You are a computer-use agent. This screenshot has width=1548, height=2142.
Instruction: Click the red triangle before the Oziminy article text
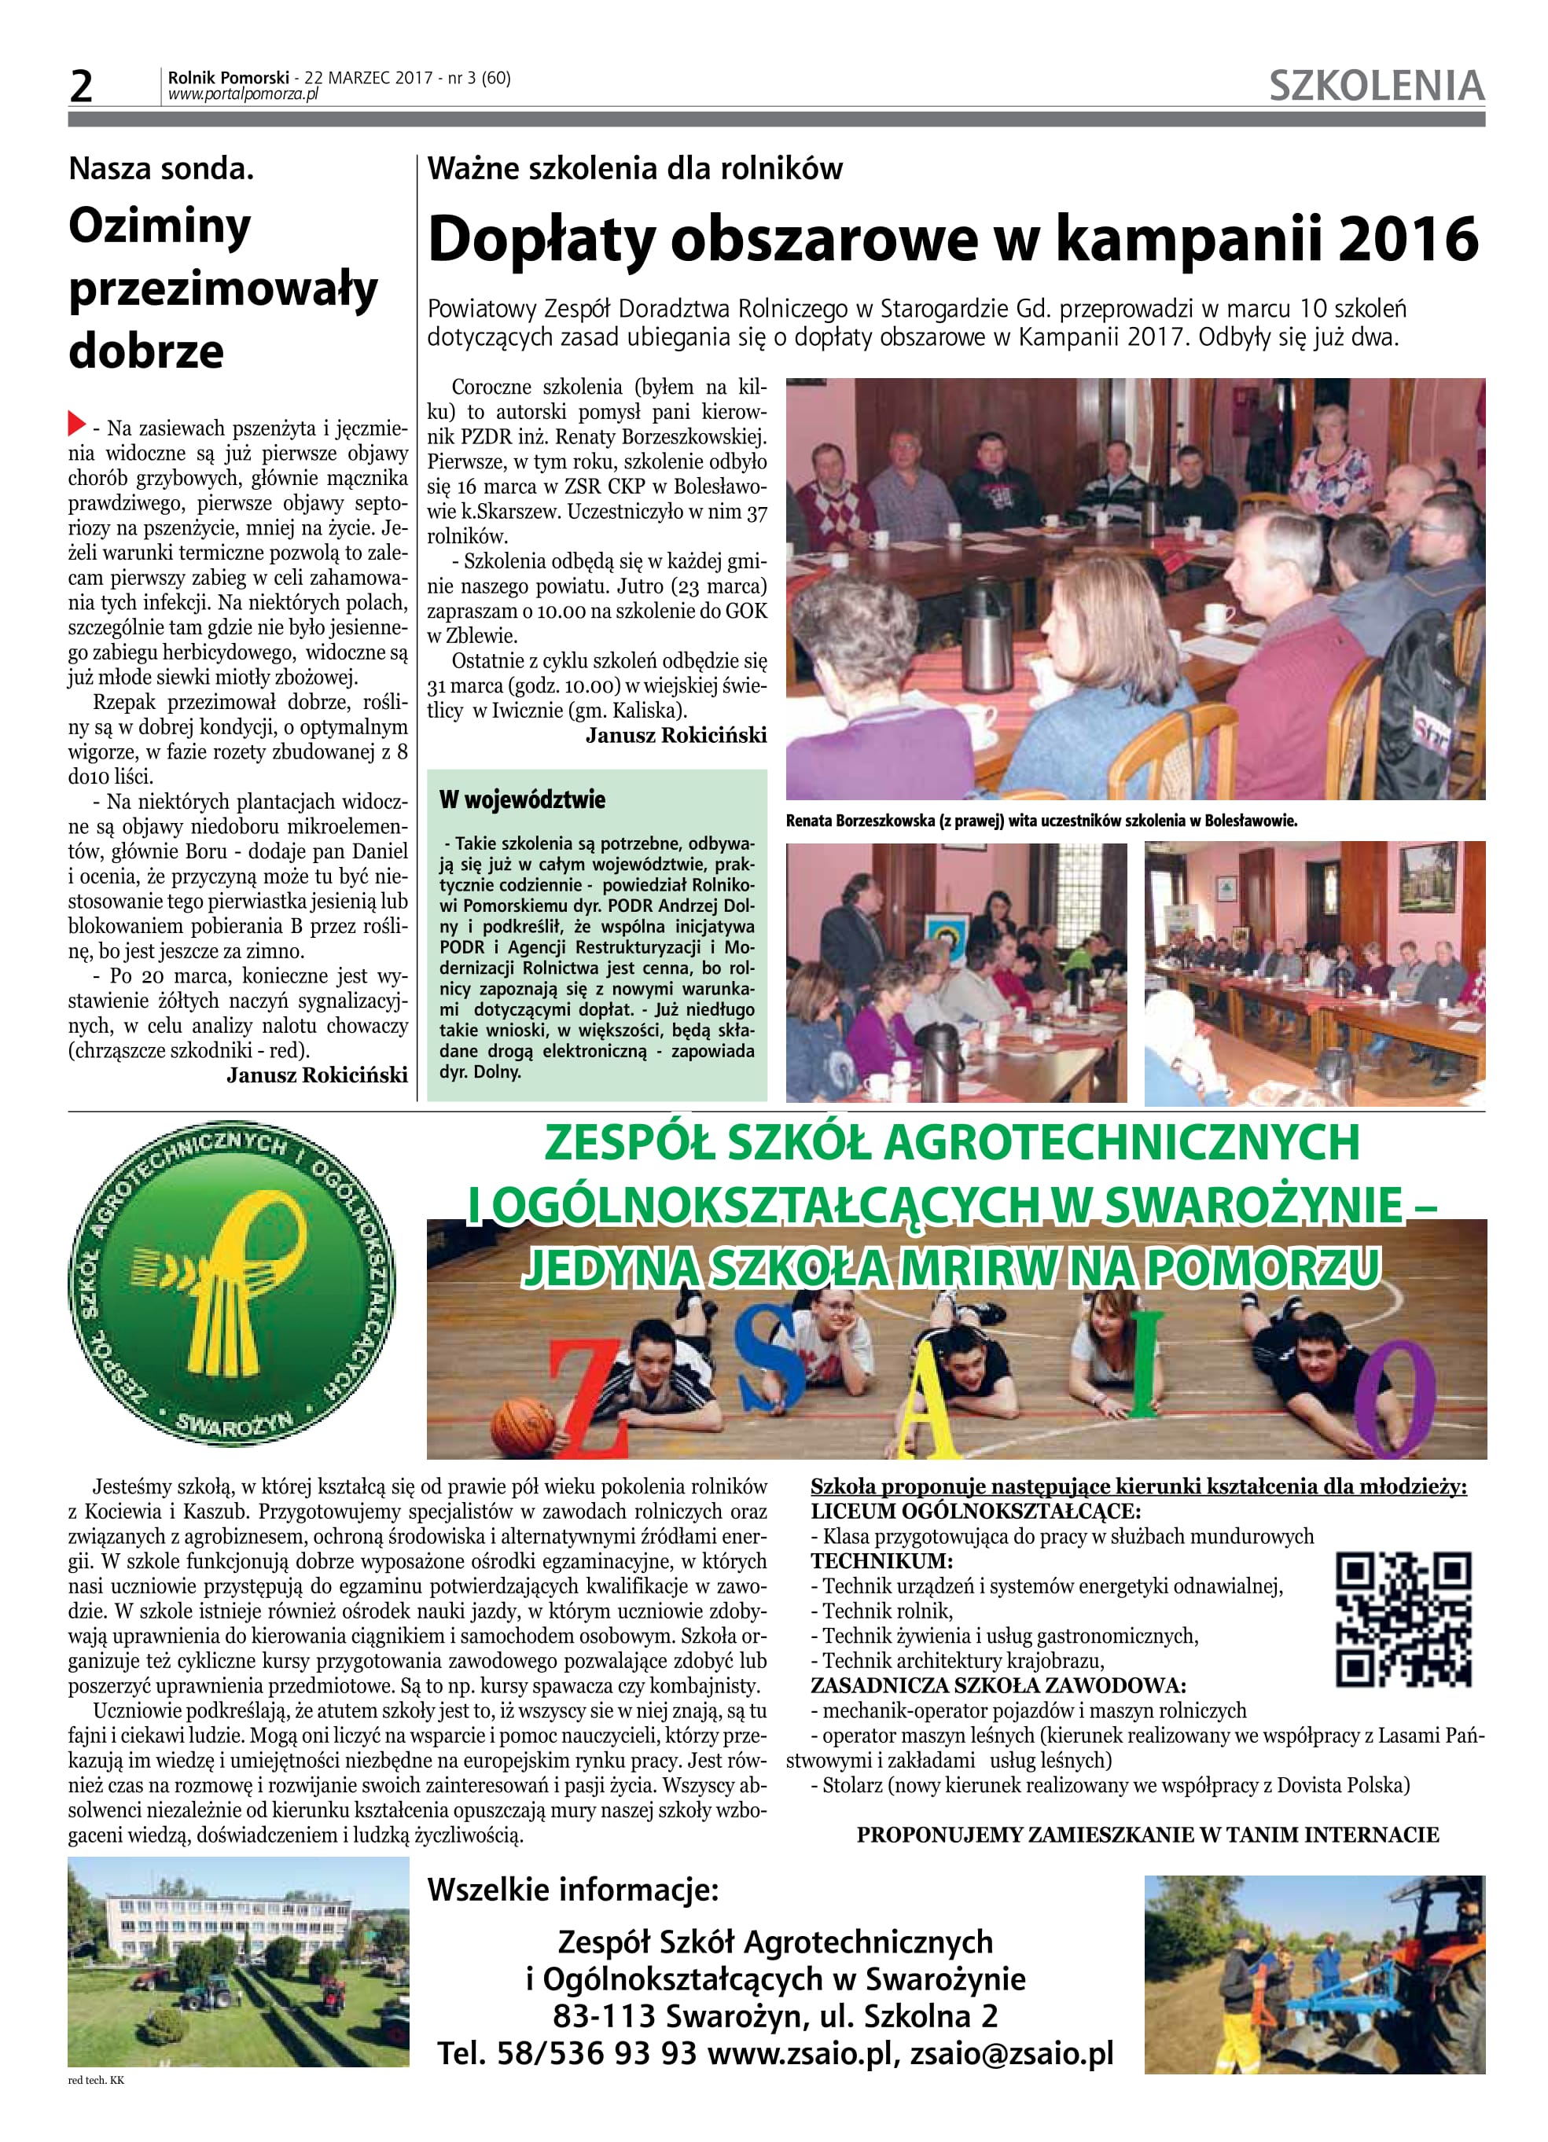76,423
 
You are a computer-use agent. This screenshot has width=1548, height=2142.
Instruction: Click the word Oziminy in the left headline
160,226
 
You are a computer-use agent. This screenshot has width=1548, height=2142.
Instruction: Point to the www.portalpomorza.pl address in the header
243,94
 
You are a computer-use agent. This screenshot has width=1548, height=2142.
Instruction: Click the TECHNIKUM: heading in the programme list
881,1561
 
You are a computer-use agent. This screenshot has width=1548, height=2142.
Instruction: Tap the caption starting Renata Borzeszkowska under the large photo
1041,821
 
